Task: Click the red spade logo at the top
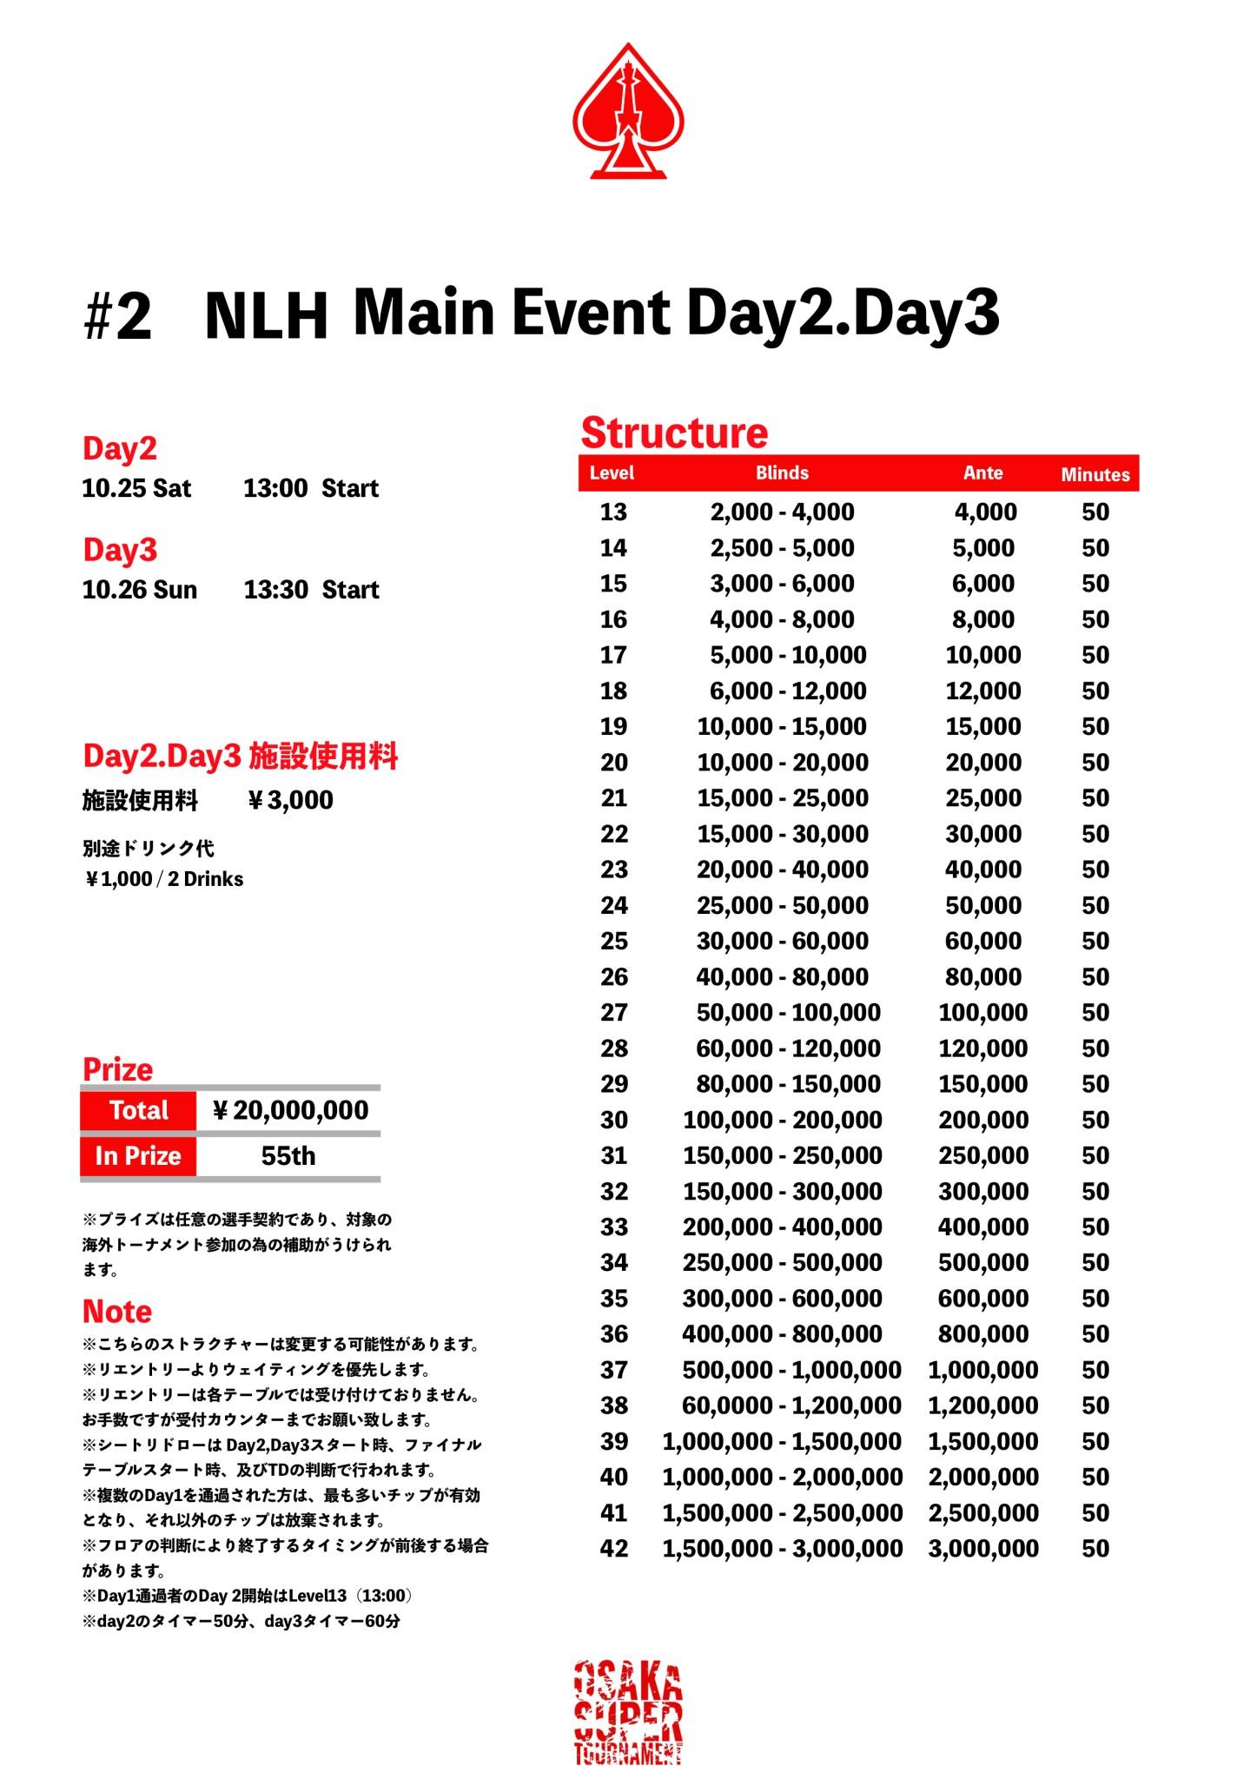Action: pos(628,111)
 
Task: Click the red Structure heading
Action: pos(674,433)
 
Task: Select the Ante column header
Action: pos(982,473)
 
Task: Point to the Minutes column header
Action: pos(1095,474)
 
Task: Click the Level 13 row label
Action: pos(612,512)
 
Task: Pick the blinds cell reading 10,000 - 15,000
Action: pos(782,726)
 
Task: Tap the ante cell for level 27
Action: pos(982,1012)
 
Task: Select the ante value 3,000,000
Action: pos(982,1548)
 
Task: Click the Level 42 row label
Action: pos(613,1548)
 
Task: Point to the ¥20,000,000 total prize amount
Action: pos(290,1110)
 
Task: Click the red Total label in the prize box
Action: pos(138,1110)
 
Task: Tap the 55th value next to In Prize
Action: pos(288,1156)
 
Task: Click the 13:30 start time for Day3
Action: pos(275,590)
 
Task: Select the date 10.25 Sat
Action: pos(136,488)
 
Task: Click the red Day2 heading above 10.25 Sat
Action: pos(120,448)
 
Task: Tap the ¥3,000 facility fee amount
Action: pos(290,800)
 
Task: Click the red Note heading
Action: pos(117,1311)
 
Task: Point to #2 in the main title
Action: pos(117,316)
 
